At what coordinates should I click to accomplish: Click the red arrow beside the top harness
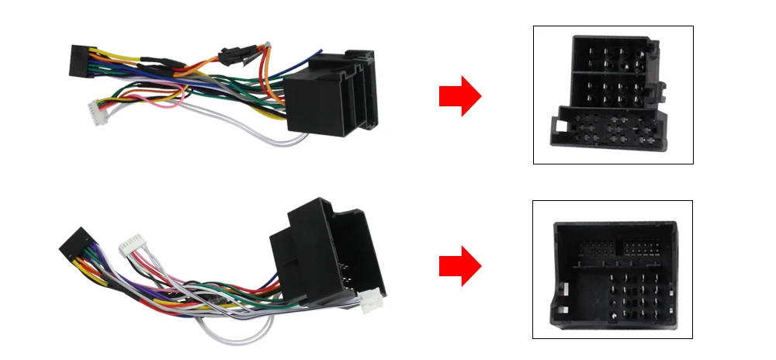460,96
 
